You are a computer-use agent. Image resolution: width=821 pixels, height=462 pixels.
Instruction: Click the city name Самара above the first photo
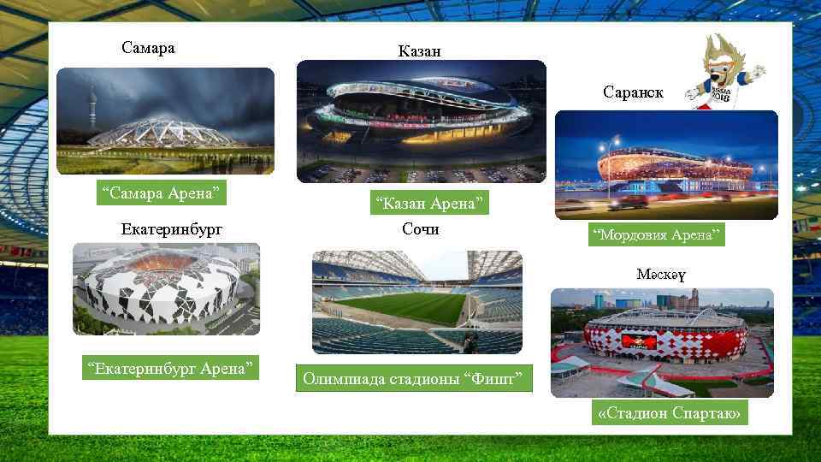click(x=148, y=48)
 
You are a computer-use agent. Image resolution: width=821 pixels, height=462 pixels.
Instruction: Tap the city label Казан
click(x=419, y=51)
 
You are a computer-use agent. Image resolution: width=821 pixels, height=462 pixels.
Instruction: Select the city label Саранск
click(x=633, y=92)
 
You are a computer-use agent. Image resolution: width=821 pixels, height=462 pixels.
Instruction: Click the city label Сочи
click(x=421, y=229)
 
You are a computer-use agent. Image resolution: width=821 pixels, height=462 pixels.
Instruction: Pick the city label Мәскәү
click(x=661, y=275)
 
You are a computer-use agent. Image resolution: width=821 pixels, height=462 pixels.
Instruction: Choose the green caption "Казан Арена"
click(x=428, y=203)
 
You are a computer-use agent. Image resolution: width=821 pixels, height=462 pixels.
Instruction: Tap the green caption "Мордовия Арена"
click(x=657, y=234)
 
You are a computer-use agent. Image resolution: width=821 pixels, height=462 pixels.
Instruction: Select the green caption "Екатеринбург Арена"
click(x=169, y=370)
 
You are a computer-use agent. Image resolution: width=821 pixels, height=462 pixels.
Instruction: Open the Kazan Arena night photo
click(x=421, y=121)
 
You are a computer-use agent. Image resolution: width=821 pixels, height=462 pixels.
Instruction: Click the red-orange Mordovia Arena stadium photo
click(x=666, y=164)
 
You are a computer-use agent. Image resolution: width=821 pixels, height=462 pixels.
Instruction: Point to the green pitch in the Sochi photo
click(x=402, y=306)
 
